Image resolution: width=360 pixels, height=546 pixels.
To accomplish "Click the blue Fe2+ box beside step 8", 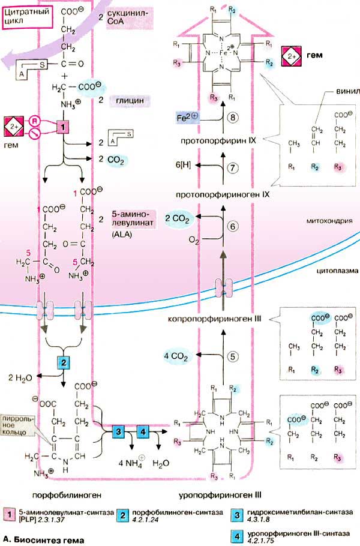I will click(x=191, y=119).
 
